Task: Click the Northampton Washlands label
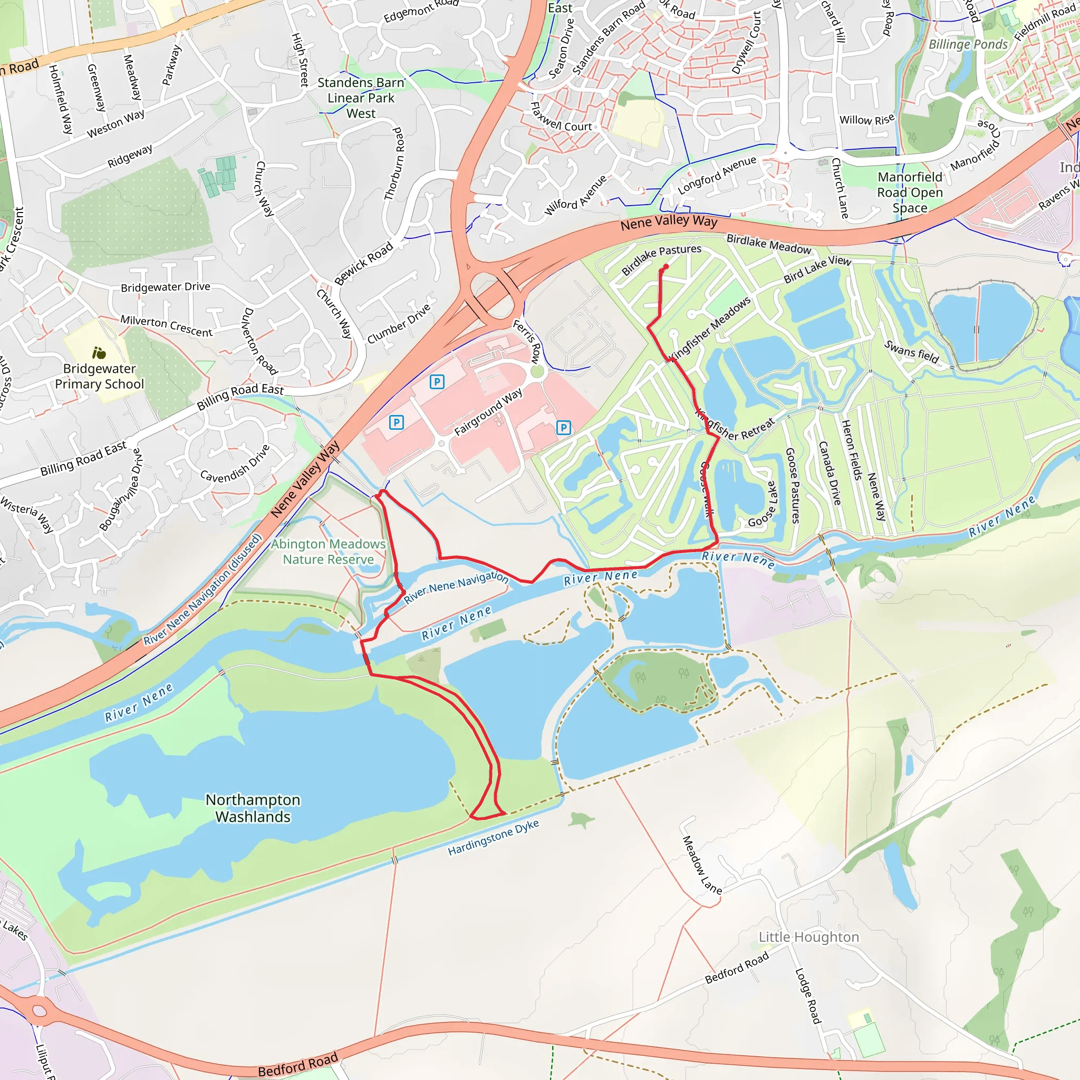253,808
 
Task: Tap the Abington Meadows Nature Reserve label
328,552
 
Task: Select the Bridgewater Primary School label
100,376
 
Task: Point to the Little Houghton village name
808,937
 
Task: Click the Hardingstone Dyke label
493,837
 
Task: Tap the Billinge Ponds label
968,44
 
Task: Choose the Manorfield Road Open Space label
910,192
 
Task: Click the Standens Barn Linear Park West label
361,98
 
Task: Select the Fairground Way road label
488,412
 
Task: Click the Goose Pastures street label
793,485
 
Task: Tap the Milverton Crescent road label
167,326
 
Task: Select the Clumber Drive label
399,324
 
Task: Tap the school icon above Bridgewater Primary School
99,353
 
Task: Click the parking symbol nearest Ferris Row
437,382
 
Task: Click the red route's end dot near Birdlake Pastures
665,267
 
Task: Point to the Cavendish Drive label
235,464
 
